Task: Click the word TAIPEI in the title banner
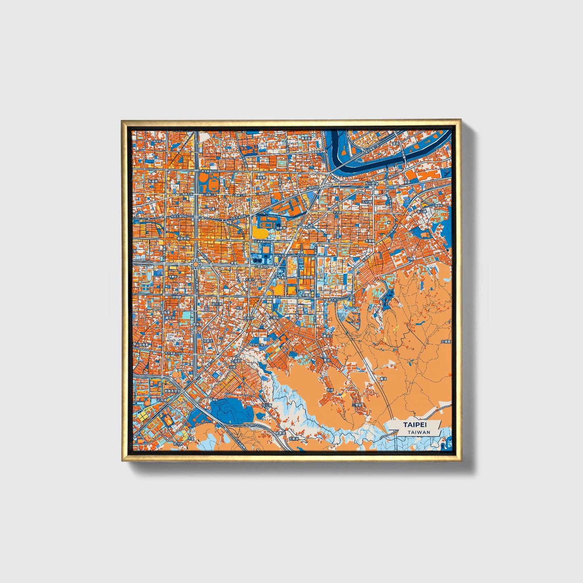point(416,425)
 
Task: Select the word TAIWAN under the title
point(418,432)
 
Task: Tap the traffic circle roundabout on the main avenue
point(196,264)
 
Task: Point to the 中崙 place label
point(213,209)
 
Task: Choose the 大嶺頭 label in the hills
point(445,341)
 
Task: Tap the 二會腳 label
point(357,403)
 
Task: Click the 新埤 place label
point(330,390)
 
